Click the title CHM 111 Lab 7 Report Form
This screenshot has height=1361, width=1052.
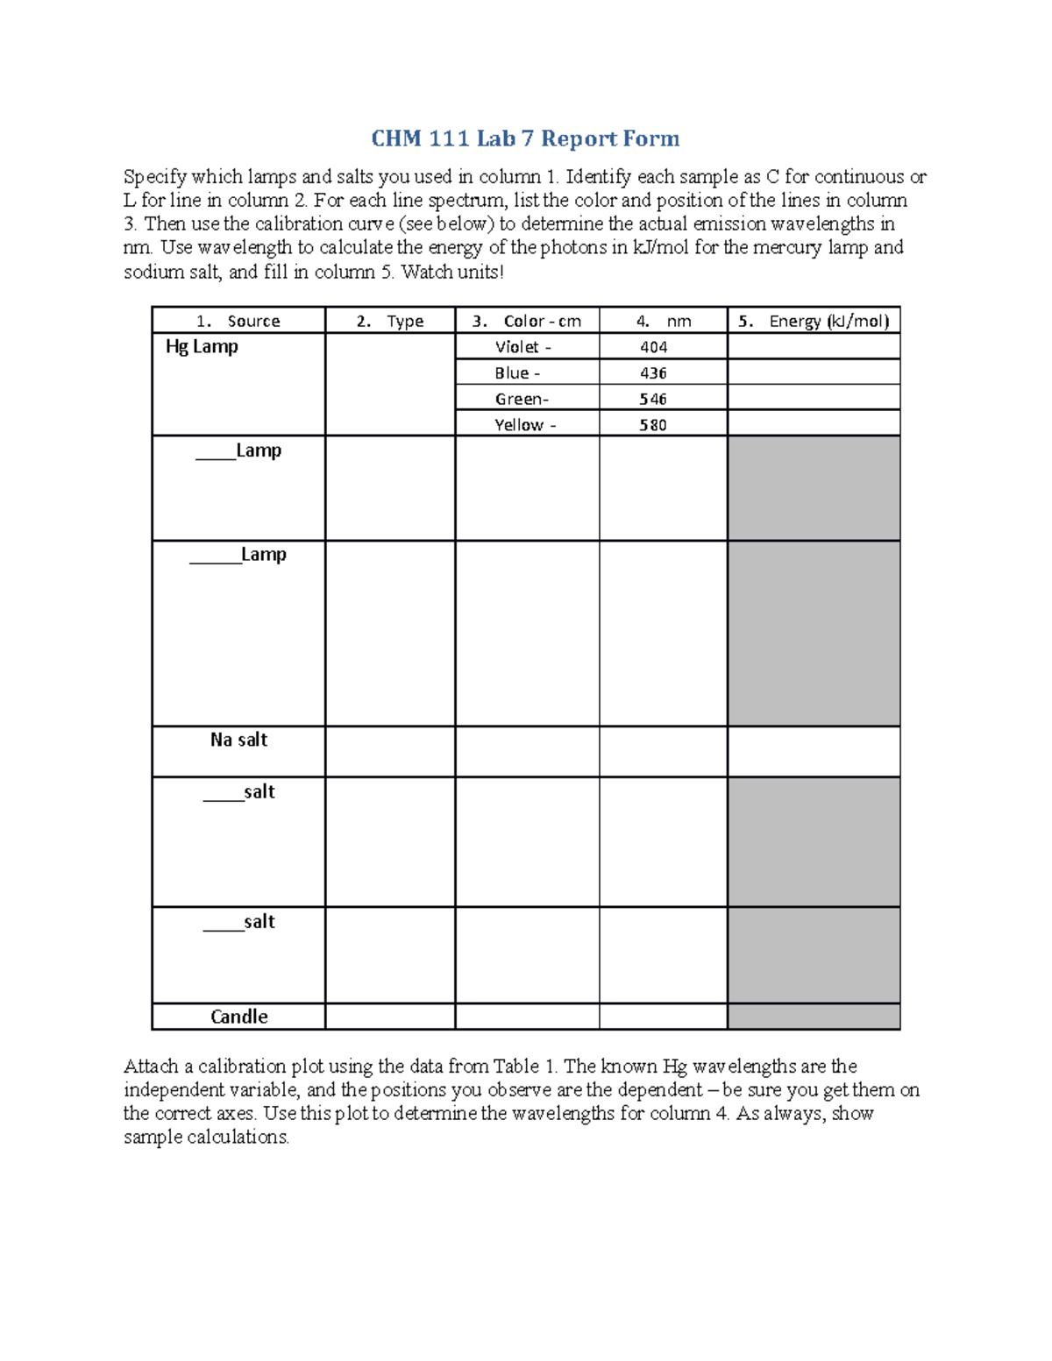pyautogui.click(x=525, y=138)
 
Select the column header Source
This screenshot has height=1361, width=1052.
pyautogui.click(x=252, y=321)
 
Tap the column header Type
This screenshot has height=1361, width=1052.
pyautogui.click(x=404, y=321)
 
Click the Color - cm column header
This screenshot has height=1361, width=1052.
pyautogui.click(x=541, y=321)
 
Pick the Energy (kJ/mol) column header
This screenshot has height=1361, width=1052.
pyautogui.click(x=828, y=321)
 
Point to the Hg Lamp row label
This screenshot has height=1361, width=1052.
pyautogui.click(x=202, y=347)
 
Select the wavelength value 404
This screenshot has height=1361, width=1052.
pyautogui.click(x=653, y=347)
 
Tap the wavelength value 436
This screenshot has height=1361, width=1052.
pyautogui.click(x=653, y=373)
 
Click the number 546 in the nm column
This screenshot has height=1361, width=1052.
pyautogui.click(x=653, y=399)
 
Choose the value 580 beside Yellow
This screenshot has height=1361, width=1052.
pyautogui.click(x=653, y=425)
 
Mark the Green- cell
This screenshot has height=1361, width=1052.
pyautogui.click(x=522, y=399)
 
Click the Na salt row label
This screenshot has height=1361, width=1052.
pyautogui.click(x=238, y=740)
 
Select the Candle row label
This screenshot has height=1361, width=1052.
pyautogui.click(x=238, y=1017)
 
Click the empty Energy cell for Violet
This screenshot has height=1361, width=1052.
pyautogui.click(x=814, y=347)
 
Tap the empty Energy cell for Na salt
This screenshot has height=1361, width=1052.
pyautogui.click(x=814, y=751)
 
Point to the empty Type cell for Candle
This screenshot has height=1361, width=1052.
pyautogui.click(x=390, y=1017)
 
